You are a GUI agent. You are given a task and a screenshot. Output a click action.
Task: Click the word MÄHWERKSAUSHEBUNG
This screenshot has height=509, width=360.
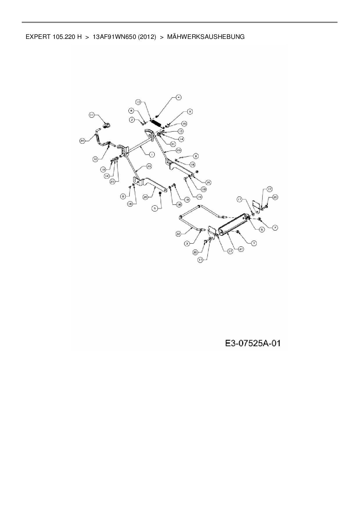click(206, 37)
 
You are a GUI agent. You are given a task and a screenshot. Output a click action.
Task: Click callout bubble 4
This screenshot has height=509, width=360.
click(178, 98)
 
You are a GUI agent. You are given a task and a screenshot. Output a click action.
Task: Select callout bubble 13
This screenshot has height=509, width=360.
click(138, 102)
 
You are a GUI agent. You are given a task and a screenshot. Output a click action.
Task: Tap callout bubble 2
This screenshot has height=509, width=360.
click(132, 120)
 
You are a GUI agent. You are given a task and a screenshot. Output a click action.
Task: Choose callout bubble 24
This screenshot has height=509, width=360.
click(82, 141)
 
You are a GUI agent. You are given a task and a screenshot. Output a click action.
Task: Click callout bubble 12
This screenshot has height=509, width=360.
click(96, 158)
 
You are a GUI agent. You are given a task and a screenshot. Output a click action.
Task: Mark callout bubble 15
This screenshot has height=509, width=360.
click(184, 124)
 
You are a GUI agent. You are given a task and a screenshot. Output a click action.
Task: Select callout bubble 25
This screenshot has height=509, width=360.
click(208, 183)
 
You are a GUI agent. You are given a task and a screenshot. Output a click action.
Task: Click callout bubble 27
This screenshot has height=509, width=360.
click(241, 249)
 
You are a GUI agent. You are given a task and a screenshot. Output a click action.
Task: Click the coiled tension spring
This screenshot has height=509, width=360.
click(156, 123)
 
